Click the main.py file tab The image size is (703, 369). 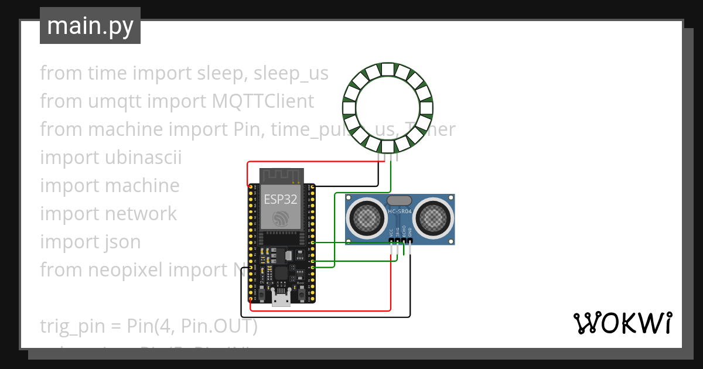tap(90, 26)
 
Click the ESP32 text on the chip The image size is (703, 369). tap(280, 199)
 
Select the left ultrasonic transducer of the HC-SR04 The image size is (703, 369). tap(366, 218)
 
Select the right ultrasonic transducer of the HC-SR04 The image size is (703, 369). tap(434, 218)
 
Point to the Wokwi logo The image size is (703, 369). tap(622, 323)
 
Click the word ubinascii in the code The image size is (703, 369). tap(144, 158)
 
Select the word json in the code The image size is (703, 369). tap(122, 241)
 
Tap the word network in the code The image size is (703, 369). tap(141, 214)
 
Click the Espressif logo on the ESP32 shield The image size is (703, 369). tap(279, 218)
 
